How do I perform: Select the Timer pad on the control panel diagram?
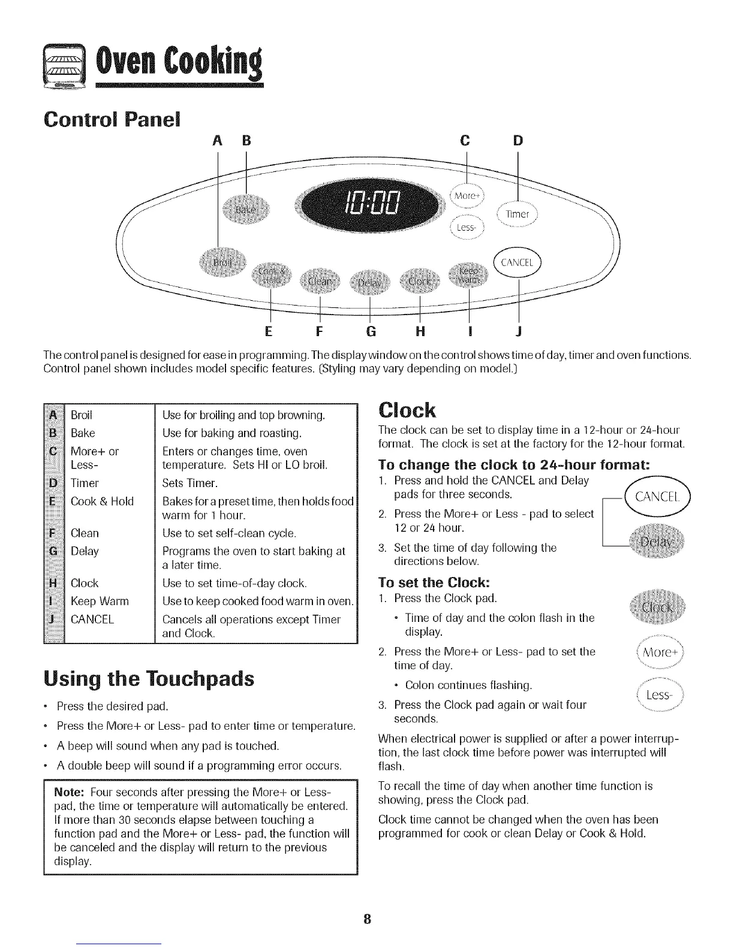click(516, 214)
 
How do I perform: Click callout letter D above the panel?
click(518, 141)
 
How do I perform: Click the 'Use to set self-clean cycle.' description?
click(230, 533)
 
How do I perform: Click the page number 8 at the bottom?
click(368, 920)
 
